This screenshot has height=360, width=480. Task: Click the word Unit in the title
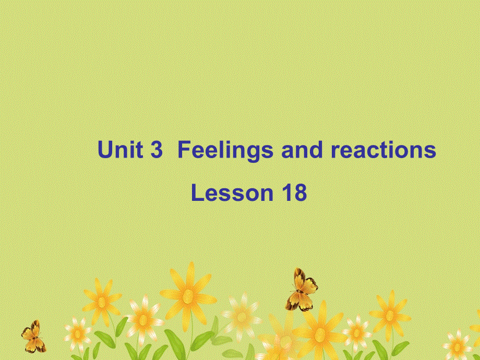121,150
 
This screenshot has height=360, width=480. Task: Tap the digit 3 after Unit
156,150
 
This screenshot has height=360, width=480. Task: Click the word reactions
383,150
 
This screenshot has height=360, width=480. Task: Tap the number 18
294,193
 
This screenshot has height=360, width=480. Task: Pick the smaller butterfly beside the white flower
33,337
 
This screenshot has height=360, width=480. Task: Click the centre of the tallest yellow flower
188,296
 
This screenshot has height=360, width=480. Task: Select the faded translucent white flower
241,315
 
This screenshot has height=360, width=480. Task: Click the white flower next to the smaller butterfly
78,332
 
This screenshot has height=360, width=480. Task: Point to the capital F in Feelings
184,150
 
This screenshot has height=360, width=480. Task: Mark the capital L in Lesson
197,193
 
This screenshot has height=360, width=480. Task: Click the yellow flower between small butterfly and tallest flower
102,301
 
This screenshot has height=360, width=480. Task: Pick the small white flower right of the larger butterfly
357,332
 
